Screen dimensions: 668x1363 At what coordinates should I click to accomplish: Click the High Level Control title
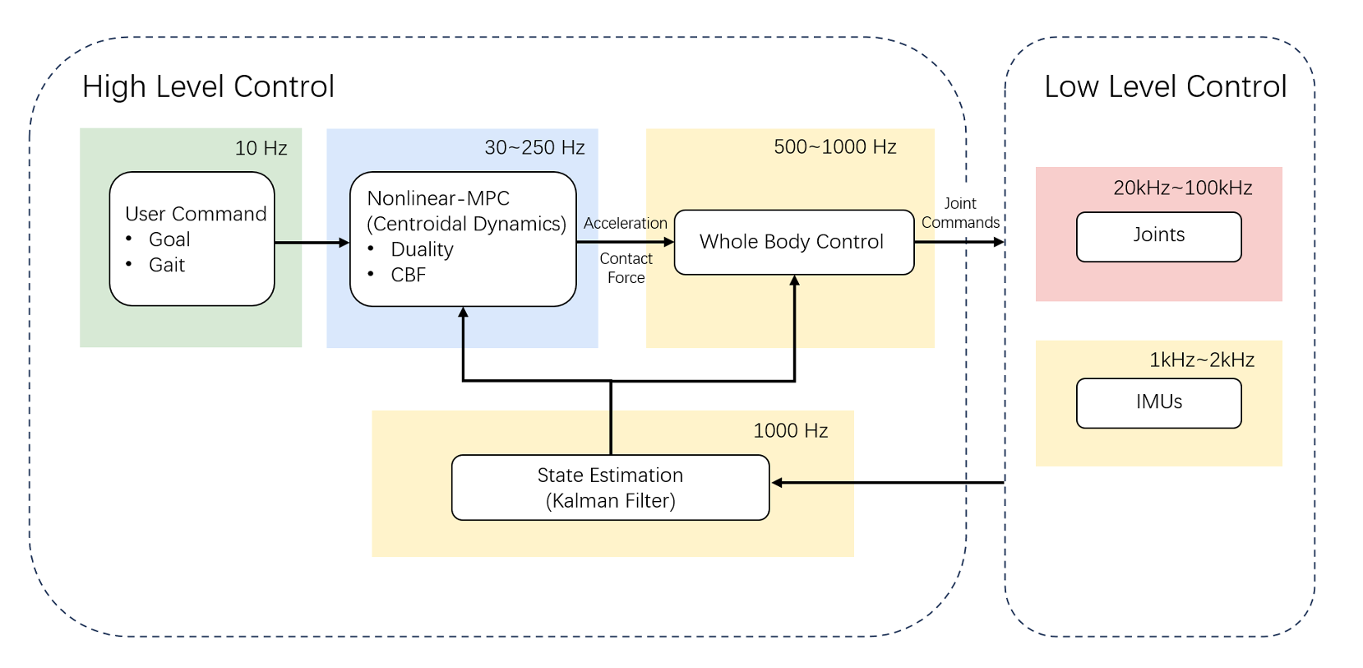click(208, 86)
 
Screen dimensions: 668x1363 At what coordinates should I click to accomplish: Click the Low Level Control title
click(1165, 86)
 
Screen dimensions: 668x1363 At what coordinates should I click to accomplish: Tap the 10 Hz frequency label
click(261, 148)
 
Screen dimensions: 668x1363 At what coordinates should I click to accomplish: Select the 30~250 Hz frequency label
click(534, 147)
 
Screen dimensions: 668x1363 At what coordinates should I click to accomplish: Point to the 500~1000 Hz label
click(834, 146)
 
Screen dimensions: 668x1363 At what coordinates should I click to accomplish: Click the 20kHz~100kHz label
click(1182, 188)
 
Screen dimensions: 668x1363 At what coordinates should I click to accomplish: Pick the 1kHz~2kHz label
click(1201, 360)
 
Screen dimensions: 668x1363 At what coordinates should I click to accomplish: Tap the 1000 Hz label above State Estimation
click(790, 430)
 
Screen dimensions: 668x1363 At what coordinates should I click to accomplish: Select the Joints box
click(1158, 236)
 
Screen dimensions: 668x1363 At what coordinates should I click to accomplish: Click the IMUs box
click(1158, 402)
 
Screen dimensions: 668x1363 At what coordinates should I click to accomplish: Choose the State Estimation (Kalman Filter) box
click(610, 487)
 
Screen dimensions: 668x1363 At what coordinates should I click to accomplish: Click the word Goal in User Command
click(169, 239)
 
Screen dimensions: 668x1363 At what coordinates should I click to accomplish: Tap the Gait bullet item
click(167, 265)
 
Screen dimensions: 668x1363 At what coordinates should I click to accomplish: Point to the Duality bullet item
click(422, 249)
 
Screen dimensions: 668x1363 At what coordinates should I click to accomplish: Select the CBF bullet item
click(408, 275)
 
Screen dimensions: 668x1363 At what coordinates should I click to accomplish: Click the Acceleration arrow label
click(625, 223)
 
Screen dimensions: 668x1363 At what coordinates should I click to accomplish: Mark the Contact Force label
click(626, 268)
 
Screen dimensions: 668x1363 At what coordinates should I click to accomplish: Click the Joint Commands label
click(960, 213)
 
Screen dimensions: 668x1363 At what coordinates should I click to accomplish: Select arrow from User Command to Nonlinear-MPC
click(312, 243)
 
